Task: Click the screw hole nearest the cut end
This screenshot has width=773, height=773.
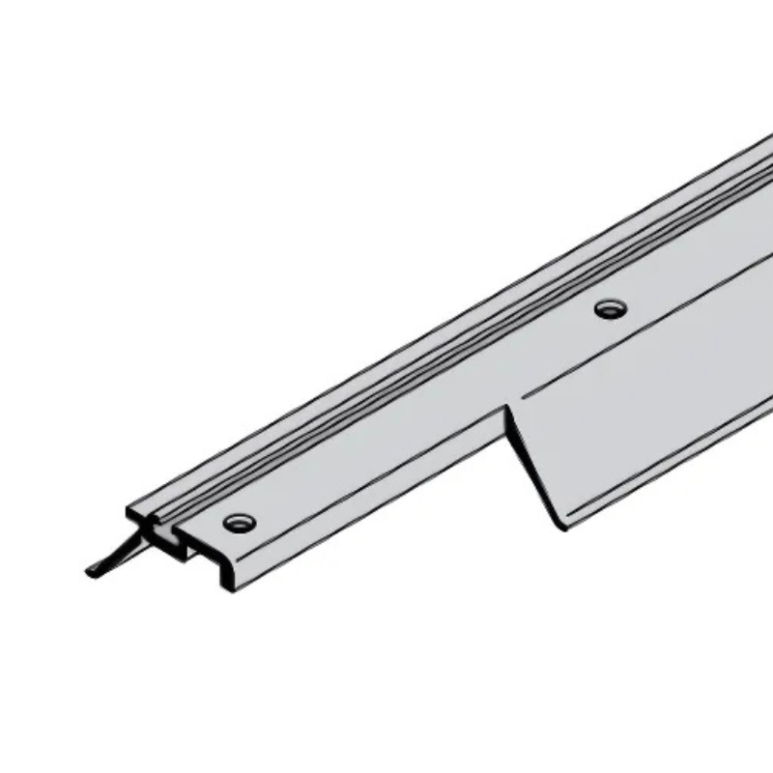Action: (x=239, y=523)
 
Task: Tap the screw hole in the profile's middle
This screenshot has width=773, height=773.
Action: (x=610, y=309)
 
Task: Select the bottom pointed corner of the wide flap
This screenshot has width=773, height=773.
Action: (x=558, y=528)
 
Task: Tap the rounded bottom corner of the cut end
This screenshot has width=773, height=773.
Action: (x=230, y=587)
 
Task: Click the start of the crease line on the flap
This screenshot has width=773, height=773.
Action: (x=527, y=397)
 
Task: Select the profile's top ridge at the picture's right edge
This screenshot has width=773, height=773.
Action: (x=763, y=145)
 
